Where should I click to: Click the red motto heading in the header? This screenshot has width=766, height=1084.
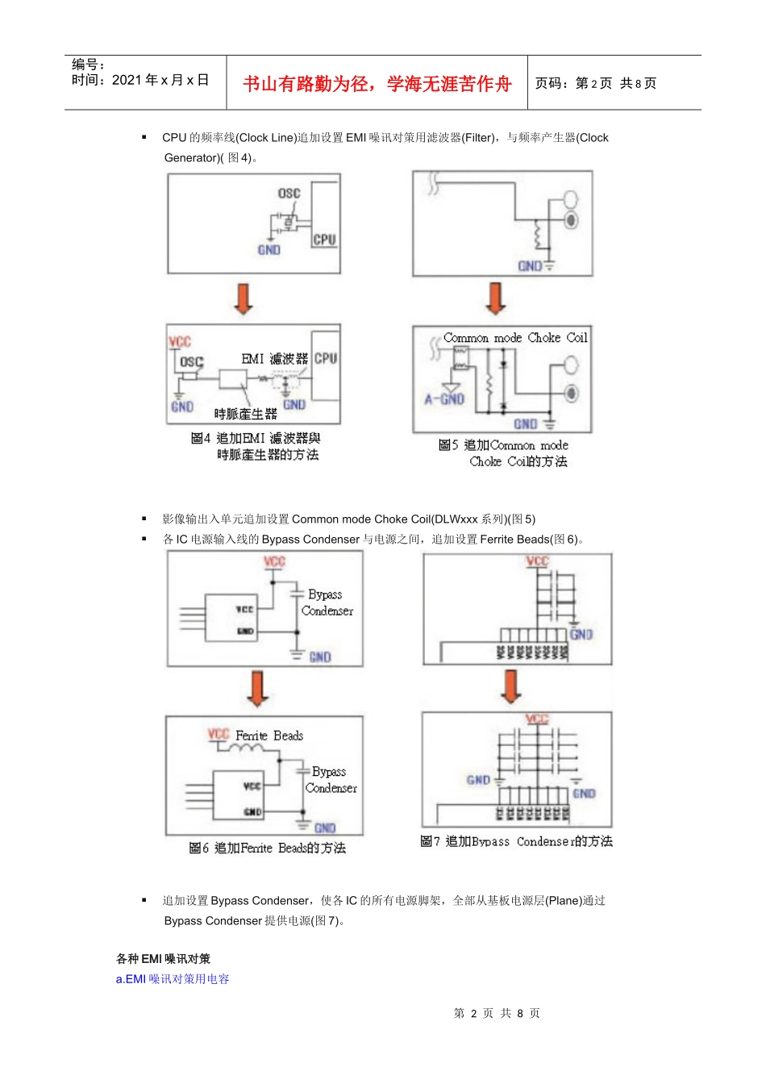click(x=377, y=84)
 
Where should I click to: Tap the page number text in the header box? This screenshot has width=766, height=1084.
click(x=595, y=83)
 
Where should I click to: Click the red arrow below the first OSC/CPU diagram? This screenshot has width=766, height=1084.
click(x=243, y=298)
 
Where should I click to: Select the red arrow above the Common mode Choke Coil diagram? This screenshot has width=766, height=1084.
click(x=496, y=298)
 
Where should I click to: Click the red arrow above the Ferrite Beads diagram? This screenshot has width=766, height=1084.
click(x=257, y=689)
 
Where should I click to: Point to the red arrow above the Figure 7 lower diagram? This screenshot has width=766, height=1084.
click(x=511, y=686)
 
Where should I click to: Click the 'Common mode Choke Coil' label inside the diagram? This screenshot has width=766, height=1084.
click(x=515, y=338)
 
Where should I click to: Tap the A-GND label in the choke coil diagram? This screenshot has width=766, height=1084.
click(x=444, y=399)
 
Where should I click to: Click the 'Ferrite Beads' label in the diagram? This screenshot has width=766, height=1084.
click(x=269, y=736)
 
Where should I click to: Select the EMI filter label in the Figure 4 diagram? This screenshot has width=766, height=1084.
click(x=274, y=358)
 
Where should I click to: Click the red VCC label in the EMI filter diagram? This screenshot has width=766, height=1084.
click(x=179, y=341)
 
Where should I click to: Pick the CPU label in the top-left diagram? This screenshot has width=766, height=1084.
click(x=324, y=240)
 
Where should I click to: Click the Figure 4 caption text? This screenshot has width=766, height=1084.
click(x=256, y=447)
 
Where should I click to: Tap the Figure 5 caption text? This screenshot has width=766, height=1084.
click(x=504, y=453)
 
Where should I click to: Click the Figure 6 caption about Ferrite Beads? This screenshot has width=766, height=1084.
click(x=267, y=848)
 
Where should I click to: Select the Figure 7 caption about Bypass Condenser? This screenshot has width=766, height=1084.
click(x=516, y=841)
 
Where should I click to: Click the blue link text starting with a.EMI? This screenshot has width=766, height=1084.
click(x=173, y=978)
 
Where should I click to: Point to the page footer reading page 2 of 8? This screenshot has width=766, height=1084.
click(x=497, y=1013)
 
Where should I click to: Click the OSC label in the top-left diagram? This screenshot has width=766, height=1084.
click(x=289, y=194)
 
